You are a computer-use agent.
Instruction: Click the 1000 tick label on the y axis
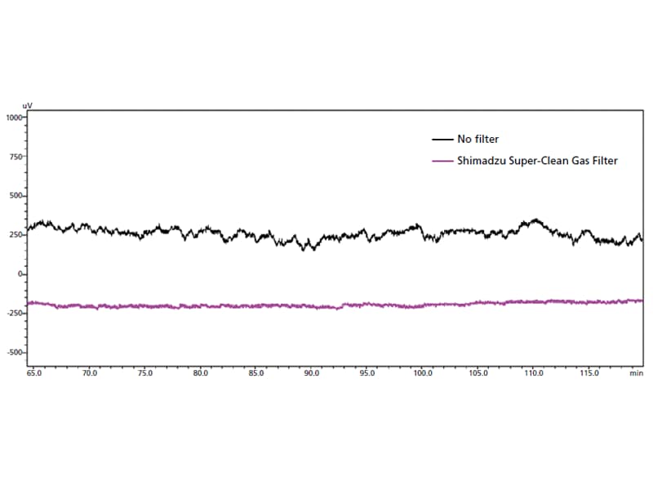(x=16, y=118)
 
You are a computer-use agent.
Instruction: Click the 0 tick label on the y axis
(x=23, y=274)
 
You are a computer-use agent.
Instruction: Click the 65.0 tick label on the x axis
(x=34, y=373)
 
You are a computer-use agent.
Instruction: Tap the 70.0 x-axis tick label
(x=90, y=373)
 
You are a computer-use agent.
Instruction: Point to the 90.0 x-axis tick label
(x=312, y=373)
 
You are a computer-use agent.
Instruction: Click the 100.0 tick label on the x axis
(x=423, y=373)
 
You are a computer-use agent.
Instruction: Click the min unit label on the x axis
(x=636, y=373)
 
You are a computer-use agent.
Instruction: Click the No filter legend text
(x=478, y=140)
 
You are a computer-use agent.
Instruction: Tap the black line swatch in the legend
(x=442, y=140)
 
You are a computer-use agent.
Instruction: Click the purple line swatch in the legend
(x=442, y=161)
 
